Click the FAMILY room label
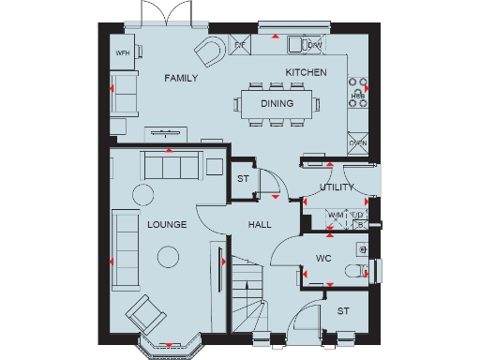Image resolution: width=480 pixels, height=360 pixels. tap(181, 79)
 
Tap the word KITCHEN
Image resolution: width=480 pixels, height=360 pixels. tap(306, 72)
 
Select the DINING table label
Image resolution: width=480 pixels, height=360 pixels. tap(277, 104)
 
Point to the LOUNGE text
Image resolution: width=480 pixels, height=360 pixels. tap(167, 225)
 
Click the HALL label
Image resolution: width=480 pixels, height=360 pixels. tap(260, 225)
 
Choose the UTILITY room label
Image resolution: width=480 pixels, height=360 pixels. tap(337, 187)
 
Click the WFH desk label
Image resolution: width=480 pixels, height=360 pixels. tap(122, 54)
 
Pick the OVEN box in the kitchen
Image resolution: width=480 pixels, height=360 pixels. tap(357, 142)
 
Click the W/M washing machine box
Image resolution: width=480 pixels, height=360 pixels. tap(335, 217)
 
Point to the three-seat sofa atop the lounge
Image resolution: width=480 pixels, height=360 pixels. tap(170, 166)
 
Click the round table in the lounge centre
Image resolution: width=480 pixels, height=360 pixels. tap(169, 256)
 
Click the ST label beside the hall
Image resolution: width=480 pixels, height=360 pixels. tap(242, 179)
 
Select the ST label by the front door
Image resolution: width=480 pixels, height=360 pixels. tap(342, 309)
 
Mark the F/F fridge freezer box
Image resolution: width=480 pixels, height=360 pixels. tap(240, 44)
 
